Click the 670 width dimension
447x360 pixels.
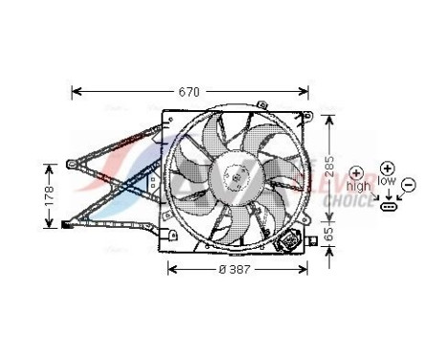click(x=190, y=92)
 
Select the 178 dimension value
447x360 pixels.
click(x=50, y=195)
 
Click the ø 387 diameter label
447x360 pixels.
click(x=235, y=269)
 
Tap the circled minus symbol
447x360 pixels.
click(x=408, y=183)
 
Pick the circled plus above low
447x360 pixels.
click(x=388, y=167)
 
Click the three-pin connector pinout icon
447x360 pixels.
click(x=389, y=205)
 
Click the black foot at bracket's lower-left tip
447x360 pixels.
click(x=66, y=226)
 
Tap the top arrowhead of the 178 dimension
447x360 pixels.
click(x=50, y=166)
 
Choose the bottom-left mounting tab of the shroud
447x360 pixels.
click(x=169, y=235)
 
